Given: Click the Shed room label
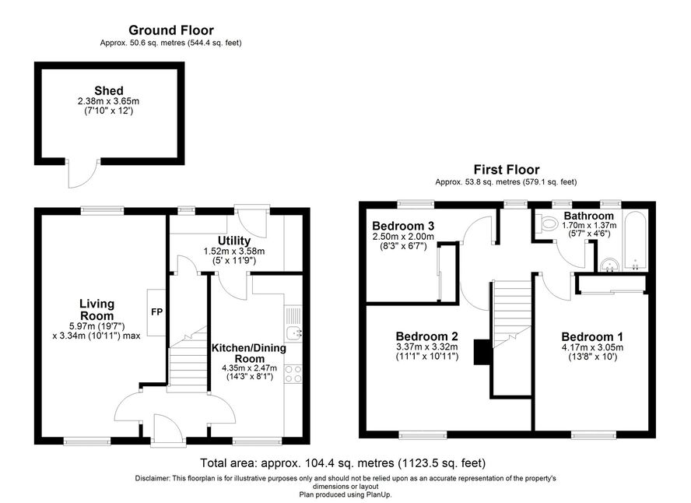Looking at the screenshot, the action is (109, 91).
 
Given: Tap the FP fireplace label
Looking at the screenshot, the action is (157, 312).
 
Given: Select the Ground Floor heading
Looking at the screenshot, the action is (171, 30).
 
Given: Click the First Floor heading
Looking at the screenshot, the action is (507, 169).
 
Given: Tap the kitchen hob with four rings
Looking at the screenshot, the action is (293, 374).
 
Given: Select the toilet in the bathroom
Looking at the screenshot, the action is (545, 224).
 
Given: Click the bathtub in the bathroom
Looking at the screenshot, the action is (635, 241).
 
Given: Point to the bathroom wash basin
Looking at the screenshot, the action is (610, 265).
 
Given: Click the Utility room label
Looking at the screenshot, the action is (234, 241).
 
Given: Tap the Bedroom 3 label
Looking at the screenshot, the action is (403, 226).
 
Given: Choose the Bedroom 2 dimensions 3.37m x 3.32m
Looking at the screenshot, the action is (427, 347).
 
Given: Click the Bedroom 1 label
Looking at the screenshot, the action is (592, 337).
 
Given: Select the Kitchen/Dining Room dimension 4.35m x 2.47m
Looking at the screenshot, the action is (250, 368).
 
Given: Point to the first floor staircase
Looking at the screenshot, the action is (512, 315).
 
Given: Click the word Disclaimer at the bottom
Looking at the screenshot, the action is (152, 478).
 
